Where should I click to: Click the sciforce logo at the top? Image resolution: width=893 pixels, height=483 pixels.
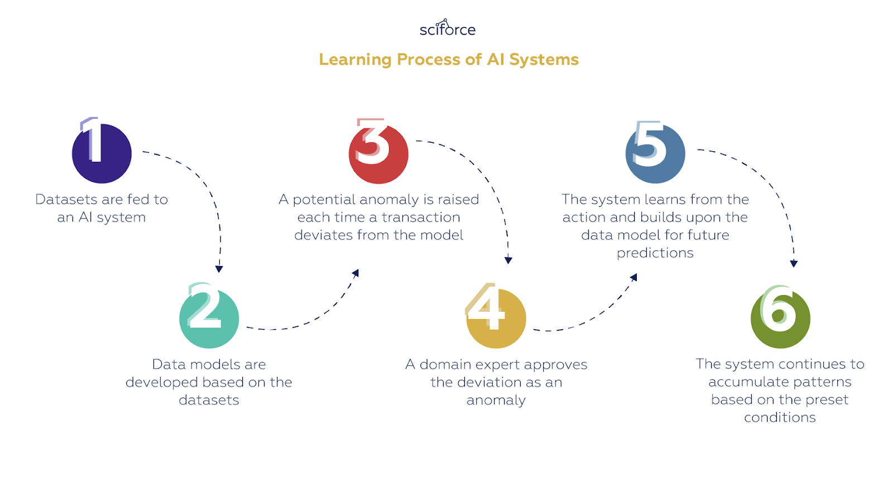[448, 28]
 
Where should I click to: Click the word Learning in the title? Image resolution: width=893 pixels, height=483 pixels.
[355, 60]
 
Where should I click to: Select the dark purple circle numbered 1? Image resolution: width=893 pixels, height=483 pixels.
[102, 153]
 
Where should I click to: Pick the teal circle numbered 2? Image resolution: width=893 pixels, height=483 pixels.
[209, 318]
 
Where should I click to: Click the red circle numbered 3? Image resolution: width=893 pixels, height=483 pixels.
[378, 154]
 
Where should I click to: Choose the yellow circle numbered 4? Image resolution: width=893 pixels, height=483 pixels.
[496, 318]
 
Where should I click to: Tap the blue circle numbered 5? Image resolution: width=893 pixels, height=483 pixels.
[655, 153]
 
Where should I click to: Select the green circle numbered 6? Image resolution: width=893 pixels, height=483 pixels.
[780, 318]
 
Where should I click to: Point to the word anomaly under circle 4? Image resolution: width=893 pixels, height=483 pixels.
[496, 400]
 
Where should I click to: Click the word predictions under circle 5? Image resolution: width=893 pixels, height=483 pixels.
[655, 253]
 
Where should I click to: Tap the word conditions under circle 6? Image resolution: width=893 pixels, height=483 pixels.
[780, 417]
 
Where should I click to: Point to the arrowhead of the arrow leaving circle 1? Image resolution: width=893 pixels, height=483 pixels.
[219, 269]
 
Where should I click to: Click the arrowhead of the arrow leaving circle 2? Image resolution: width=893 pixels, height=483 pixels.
[356, 273]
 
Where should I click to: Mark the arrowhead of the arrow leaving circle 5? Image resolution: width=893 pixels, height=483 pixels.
[794, 263]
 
